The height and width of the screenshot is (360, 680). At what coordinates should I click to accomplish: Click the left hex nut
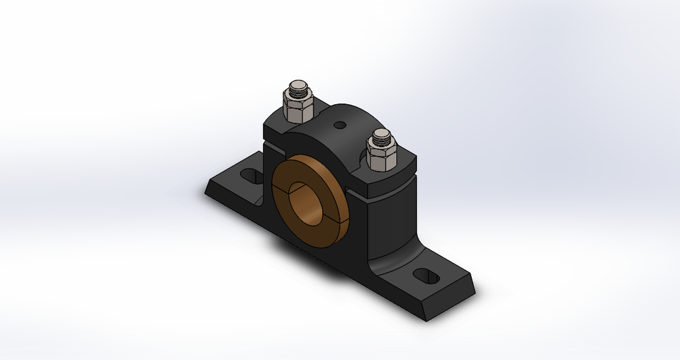click(x=294, y=108)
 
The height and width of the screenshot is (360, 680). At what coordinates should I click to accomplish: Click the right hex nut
click(x=380, y=156)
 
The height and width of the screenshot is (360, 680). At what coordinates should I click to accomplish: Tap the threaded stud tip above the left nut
click(x=295, y=90)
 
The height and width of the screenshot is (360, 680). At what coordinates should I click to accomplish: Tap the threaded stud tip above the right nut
click(x=381, y=137)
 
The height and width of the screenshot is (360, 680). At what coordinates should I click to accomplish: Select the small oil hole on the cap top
click(x=341, y=125)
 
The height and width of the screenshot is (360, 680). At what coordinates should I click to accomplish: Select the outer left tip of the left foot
click(x=207, y=191)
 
